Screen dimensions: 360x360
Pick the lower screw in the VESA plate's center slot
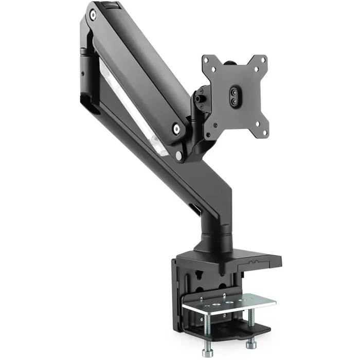pos(235,102)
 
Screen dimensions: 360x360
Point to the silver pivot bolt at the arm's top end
pos(93,15)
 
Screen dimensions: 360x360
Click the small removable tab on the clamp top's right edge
pos(257,263)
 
